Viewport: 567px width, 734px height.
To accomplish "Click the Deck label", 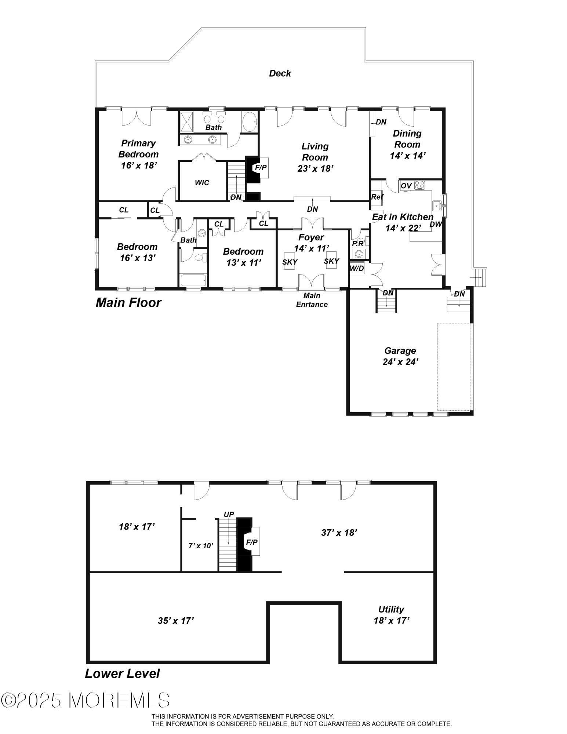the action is (280, 73).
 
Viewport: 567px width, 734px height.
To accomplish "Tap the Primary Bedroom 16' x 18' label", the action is (139, 154).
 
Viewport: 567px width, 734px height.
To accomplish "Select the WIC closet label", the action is (202, 182).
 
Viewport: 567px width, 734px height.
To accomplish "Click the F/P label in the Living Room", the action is (261, 167).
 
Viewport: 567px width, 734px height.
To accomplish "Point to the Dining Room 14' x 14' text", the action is (407, 144).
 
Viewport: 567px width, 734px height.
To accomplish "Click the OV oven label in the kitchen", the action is (406, 186).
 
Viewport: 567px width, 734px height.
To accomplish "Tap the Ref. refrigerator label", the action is (377, 197).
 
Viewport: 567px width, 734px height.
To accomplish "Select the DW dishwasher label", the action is (436, 224).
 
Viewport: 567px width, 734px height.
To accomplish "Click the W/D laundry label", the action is (357, 269).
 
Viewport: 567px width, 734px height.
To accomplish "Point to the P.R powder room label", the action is (358, 244).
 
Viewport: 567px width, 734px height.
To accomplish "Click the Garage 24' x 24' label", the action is (400, 356).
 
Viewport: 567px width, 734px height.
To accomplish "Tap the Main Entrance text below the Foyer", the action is (312, 300).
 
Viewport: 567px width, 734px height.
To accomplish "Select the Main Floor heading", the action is (128, 303).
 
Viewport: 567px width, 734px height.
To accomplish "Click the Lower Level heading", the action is (122, 673).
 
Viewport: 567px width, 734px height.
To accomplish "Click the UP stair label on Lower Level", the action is (229, 515).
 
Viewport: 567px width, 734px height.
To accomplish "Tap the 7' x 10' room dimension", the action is (201, 546).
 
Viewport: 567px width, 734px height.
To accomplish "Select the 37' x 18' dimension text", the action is (339, 533).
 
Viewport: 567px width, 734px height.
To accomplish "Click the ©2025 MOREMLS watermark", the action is (86, 700).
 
